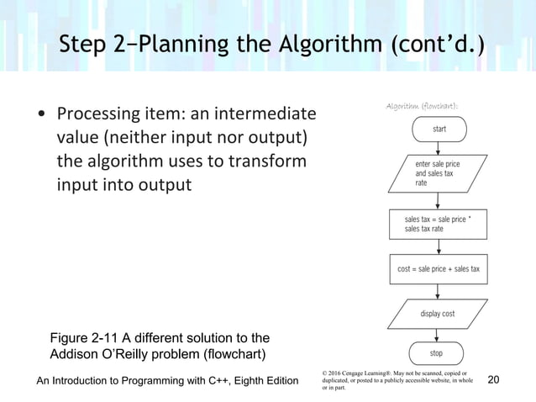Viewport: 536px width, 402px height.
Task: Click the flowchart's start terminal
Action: coord(439,129)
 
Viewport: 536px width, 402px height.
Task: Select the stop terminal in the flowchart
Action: coord(437,354)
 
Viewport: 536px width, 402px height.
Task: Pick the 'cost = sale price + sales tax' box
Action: coord(439,269)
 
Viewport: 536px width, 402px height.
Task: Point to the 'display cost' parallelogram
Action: coord(438,314)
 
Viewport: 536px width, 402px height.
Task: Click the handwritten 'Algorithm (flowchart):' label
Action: coord(421,105)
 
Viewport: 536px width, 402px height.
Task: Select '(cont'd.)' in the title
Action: coord(435,44)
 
